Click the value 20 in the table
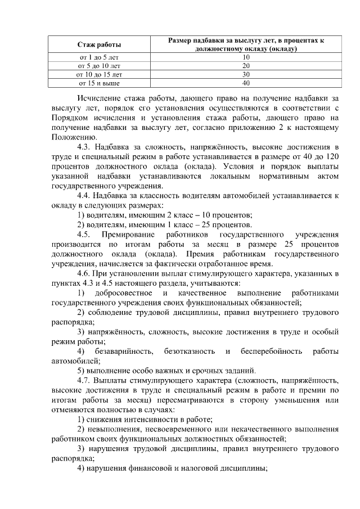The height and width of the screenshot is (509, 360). pos(246,66)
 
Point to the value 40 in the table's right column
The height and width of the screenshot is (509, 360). pos(246,83)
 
